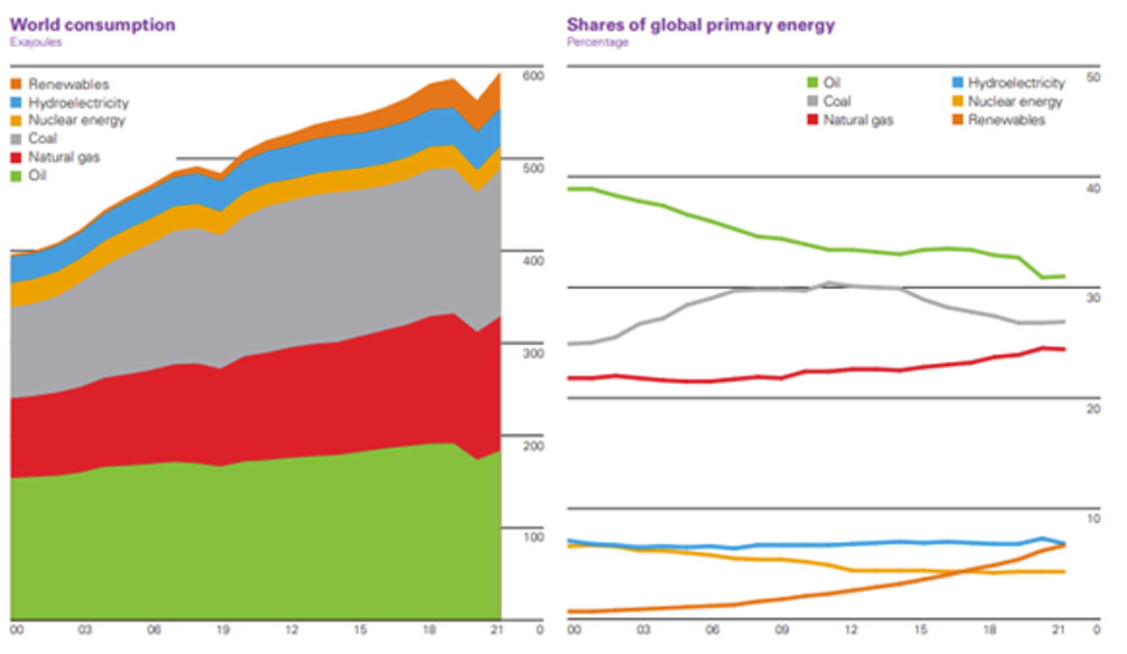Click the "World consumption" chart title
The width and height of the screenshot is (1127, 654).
(92, 24)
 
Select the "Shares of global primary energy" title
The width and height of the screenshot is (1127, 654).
(700, 24)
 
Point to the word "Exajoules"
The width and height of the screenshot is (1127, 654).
(36, 42)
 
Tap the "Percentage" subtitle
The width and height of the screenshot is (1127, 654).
(597, 42)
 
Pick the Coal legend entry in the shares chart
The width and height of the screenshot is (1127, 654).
(837, 102)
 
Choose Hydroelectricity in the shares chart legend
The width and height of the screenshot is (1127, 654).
(1016, 83)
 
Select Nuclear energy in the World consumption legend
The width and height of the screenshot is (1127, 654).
(77, 120)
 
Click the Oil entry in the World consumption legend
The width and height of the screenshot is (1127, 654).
(37, 175)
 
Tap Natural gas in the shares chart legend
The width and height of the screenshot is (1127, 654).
(858, 119)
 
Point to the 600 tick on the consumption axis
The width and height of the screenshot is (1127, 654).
(533, 77)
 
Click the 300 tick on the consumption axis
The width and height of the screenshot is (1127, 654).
(533, 353)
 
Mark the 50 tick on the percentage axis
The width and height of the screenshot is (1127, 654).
(1092, 78)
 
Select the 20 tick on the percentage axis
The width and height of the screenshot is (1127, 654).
(1092, 409)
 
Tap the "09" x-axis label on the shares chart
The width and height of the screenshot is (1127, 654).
(783, 629)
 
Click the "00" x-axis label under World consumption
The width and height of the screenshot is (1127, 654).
(16, 629)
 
